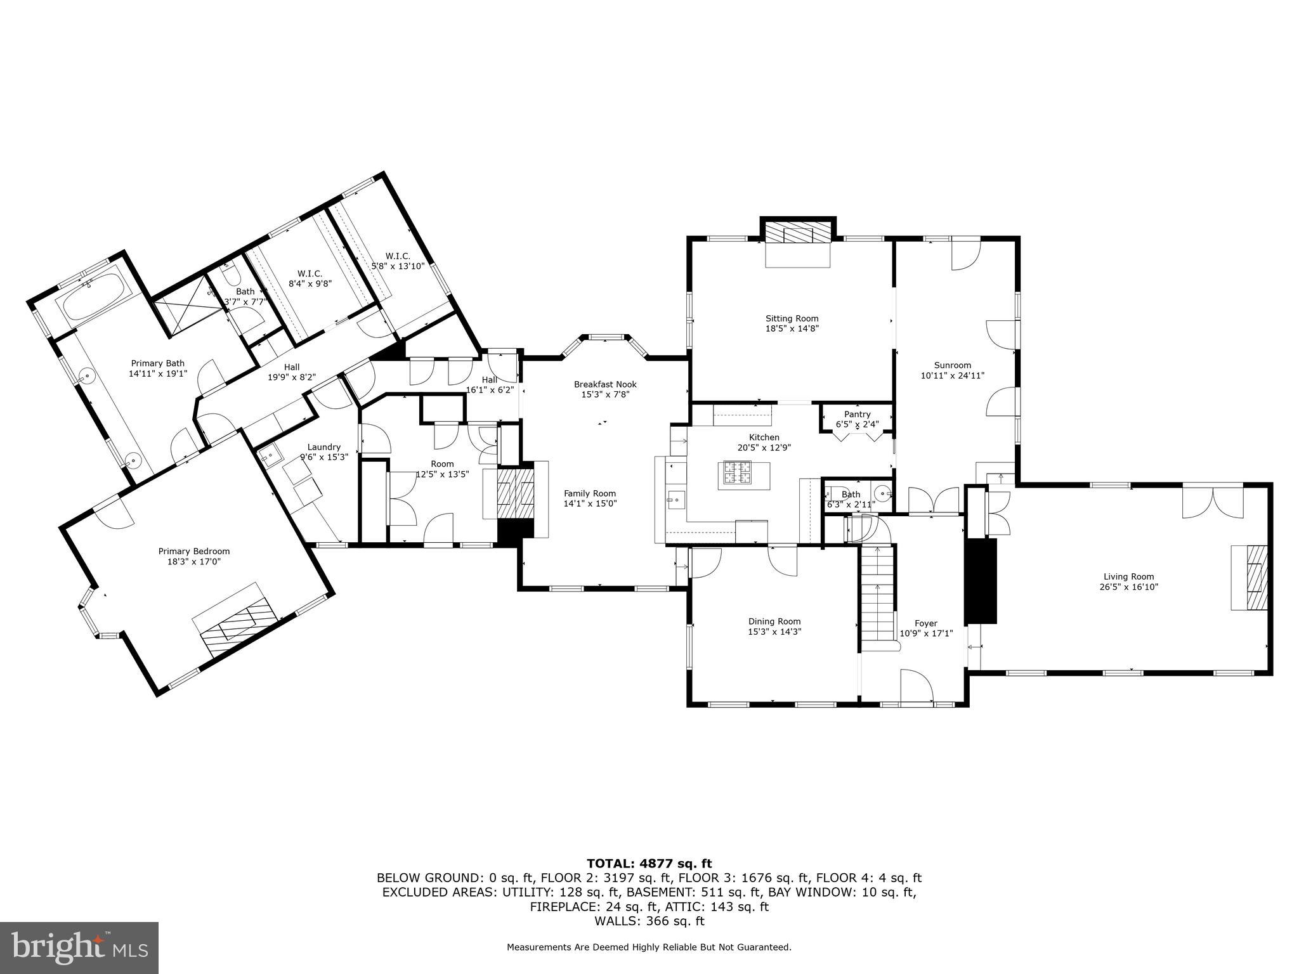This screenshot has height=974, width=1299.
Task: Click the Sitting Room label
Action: pyautogui.click(x=792, y=319)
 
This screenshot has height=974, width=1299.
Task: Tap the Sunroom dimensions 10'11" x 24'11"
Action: pyautogui.click(x=952, y=375)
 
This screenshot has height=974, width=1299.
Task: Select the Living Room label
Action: pyautogui.click(x=1128, y=576)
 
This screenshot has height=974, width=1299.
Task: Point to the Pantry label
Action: pyautogui.click(x=857, y=414)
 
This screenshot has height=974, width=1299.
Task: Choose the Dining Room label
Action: pyautogui.click(x=774, y=621)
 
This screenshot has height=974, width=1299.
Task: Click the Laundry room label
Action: pyautogui.click(x=323, y=447)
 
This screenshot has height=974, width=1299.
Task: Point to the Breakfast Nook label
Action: pyautogui.click(x=604, y=384)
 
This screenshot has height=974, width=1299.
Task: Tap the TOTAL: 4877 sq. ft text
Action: pyautogui.click(x=649, y=863)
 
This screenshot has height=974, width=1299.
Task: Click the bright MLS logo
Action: pyautogui.click(x=79, y=947)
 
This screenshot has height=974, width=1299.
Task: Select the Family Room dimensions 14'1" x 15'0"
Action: pyautogui.click(x=590, y=503)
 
